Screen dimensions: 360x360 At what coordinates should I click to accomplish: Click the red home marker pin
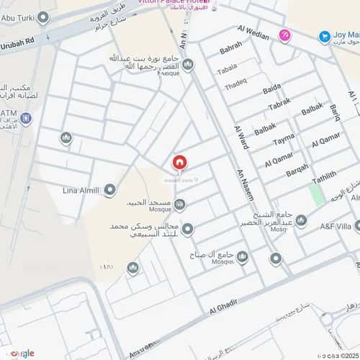(179, 163)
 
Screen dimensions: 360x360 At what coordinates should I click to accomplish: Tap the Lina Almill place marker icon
(110, 190)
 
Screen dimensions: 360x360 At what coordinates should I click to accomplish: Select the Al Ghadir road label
(223, 309)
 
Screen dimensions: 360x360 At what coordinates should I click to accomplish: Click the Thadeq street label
(235, 84)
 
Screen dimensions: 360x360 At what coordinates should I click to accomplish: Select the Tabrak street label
(279, 105)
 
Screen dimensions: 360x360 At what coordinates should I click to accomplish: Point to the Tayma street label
(284, 138)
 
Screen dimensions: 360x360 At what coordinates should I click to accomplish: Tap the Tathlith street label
(323, 178)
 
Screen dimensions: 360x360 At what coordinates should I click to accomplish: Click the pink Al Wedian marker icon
(285, 35)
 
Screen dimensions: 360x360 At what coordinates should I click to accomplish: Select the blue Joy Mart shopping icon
(322, 35)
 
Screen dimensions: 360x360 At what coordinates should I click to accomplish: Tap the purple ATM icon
(26, 119)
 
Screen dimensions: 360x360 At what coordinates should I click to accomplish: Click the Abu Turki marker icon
(42, 17)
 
